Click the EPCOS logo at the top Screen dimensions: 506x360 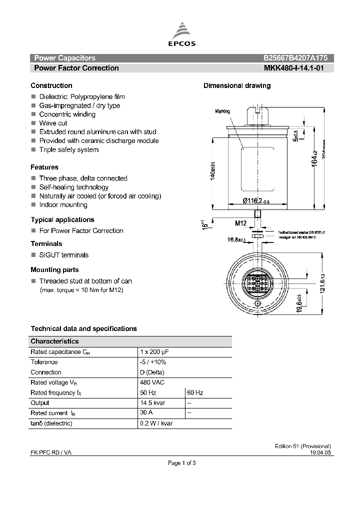pyautogui.click(x=184, y=35)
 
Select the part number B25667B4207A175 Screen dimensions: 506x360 pyautogui.click(x=295, y=58)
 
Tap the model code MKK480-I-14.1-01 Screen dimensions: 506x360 pyautogui.click(x=293, y=68)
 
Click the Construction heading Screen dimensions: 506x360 pyautogui.click(x=51, y=85)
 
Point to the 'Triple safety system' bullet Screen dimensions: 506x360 pyautogui.click(x=69, y=149)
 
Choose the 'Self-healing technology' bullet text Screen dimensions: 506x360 pyautogui.click(x=74, y=187)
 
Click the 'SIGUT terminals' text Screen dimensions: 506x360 pyautogui.click(x=64, y=255)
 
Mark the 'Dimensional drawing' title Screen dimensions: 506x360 pyautogui.click(x=237, y=85)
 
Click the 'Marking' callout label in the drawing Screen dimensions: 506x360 pyautogui.click(x=222, y=111)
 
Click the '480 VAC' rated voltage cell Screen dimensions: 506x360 pyautogui.click(x=152, y=382)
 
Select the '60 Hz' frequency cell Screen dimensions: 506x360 pyautogui.click(x=195, y=392)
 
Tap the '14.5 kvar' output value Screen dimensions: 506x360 pyautogui.click(x=153, y=402)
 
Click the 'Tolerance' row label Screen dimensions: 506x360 pyautogui.click(x=44, y=362)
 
